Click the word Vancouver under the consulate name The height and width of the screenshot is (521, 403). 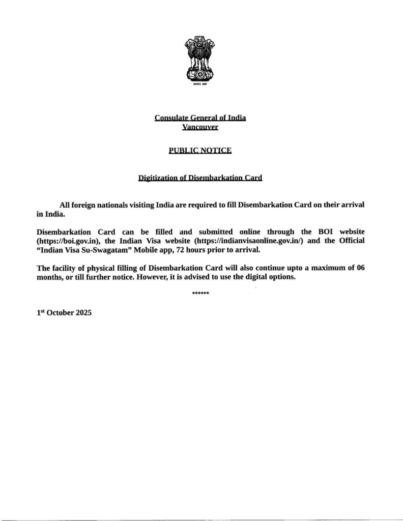(x=200, y=127)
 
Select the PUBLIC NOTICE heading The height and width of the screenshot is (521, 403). (x=200, y=151)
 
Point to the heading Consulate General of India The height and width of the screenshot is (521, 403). (x=200, y=118)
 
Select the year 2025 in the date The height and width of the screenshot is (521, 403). (x=83, y=313)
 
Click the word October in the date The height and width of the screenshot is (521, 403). (x=60, y=313)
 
